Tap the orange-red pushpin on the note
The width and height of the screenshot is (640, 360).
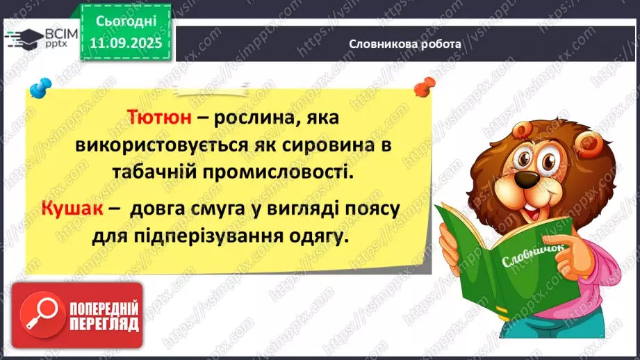[420, 88]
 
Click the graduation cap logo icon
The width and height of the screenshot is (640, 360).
[22, 39]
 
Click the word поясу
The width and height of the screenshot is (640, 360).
[366, 208]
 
